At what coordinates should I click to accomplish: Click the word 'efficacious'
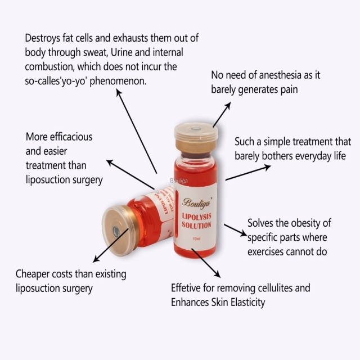click(69, 137)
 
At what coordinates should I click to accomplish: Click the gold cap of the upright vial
click(195, 134)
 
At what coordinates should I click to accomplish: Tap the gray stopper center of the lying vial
click(116, 231)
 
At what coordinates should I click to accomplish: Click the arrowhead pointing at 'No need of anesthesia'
click(228, 105)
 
